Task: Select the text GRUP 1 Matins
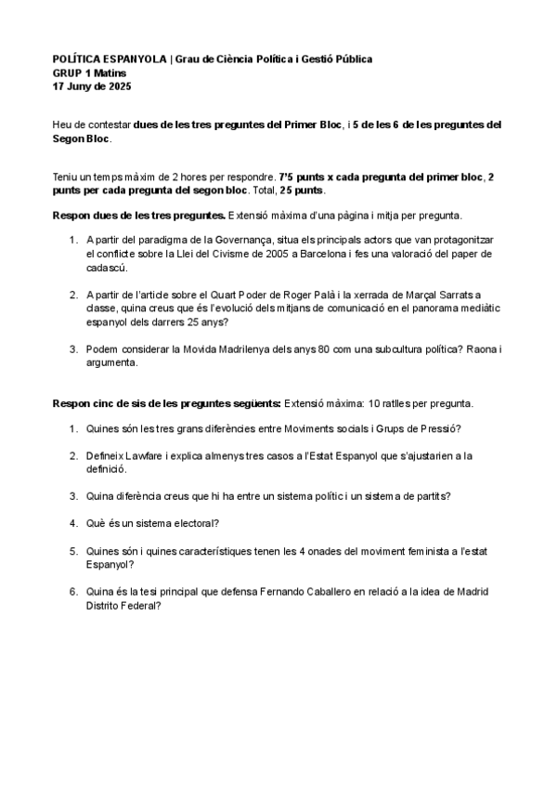point(90,72)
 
